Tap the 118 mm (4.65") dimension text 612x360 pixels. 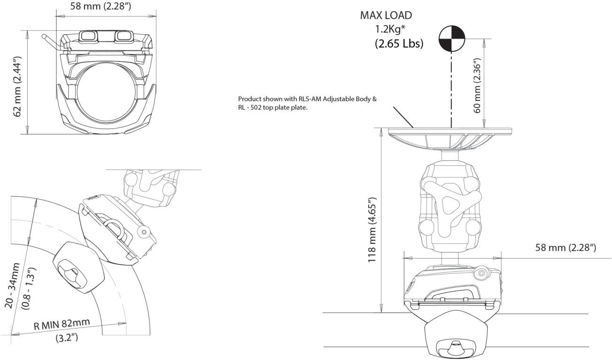click(x=372, y=230)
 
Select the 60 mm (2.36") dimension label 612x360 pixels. click(x=477, y=85)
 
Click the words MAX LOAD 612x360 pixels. click(x=386, y=15)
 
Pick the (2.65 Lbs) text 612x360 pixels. click(x=399, y=44)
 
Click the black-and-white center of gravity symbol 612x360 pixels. click(x=451, y=38)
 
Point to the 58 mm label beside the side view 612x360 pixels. click(x=566, y=247)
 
